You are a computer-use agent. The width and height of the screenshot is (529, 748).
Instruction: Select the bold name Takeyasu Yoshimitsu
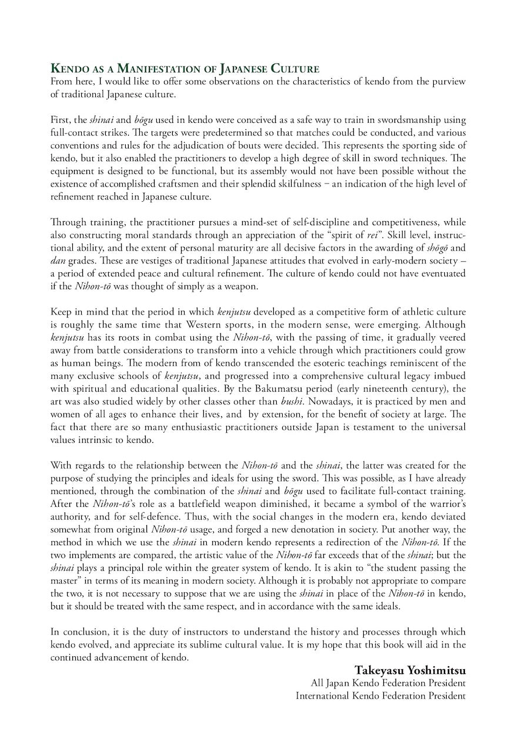coord(410,670)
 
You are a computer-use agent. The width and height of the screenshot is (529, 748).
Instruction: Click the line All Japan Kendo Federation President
coord(388,683)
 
